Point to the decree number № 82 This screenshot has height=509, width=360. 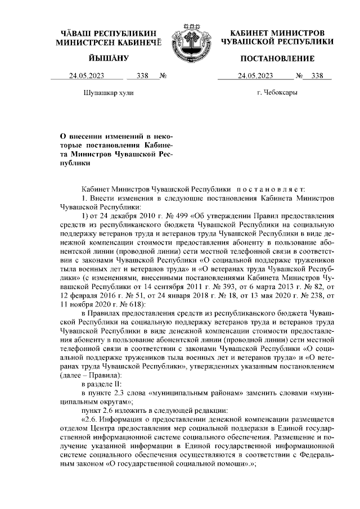tap(309, 286)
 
